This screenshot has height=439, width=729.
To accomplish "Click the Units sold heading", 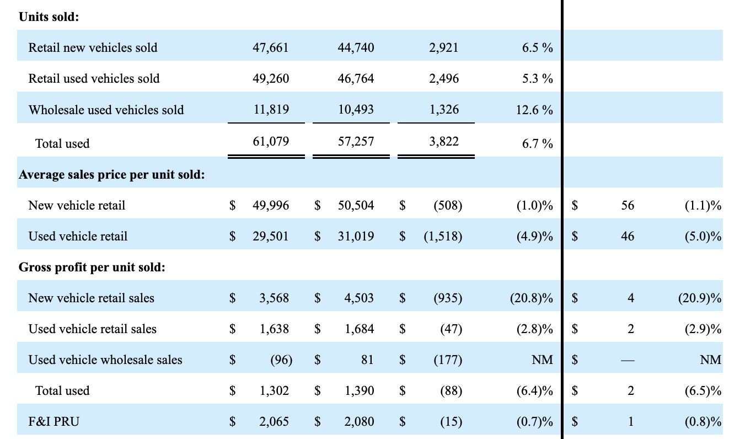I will [49, 17].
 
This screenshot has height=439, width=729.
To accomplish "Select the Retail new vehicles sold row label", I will [93, 47].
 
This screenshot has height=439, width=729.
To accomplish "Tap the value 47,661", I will [270, 47].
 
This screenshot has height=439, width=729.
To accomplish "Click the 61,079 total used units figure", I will [270, 142].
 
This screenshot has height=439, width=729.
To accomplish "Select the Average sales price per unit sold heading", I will [112, 175].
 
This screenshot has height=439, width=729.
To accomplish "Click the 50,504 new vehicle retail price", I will [355, 206].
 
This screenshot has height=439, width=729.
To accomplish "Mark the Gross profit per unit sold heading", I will [92, 267].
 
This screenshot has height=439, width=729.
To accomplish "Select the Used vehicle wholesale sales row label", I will [105, 360].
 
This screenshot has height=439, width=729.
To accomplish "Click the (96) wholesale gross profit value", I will [281, 360].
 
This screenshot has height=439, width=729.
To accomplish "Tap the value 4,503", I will [358, 298].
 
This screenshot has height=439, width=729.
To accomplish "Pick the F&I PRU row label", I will [53, 422].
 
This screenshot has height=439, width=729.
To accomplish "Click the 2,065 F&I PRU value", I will [274, 422].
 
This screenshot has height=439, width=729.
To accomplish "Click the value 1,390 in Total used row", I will [358, 391].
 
